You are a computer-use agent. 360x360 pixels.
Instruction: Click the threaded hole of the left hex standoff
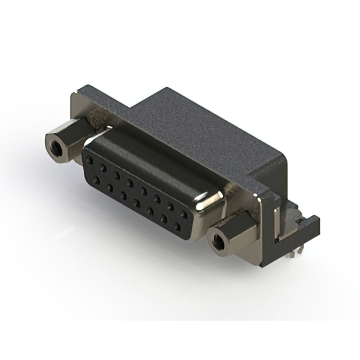pos(56,149)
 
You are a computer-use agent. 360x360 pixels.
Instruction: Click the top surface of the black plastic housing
pos(202,129)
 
